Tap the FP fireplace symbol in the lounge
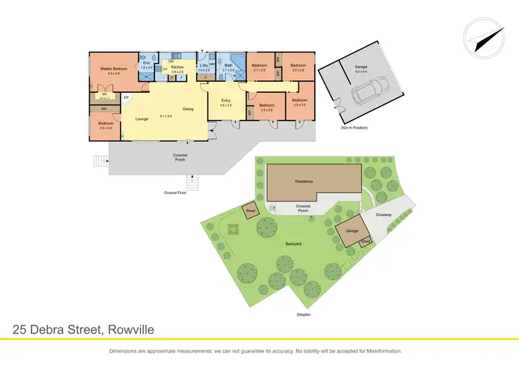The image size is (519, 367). pos(126,98)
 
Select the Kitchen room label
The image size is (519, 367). pos(178,67)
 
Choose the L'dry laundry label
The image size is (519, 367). pos(203,66)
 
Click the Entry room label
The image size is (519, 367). pos(226,102)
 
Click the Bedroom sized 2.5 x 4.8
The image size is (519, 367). pos(106,125)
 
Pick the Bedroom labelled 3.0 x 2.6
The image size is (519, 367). pos(298,67)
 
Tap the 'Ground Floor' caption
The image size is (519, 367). pos(176,192)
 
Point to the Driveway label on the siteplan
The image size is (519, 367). pos(384,215)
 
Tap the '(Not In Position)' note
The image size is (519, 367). pos(353,128)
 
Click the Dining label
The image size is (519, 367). pos(188,109)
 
